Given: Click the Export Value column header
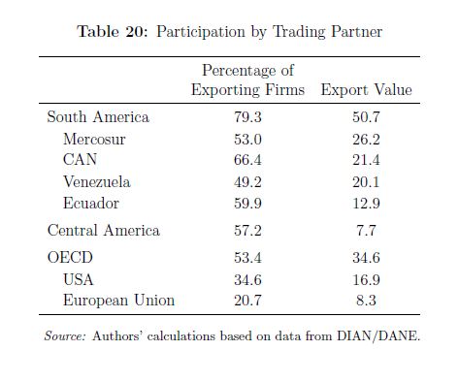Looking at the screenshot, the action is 366,89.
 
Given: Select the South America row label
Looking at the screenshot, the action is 98,116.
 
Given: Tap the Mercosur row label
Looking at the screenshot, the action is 94,140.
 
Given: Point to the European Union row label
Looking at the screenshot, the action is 118,301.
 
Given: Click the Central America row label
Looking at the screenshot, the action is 104,231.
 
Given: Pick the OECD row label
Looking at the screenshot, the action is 70,258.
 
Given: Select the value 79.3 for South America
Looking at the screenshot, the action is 247,116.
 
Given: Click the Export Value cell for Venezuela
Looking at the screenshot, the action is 366,182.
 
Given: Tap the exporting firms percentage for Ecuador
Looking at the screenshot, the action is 247,204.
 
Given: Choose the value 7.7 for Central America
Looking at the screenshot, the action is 366,231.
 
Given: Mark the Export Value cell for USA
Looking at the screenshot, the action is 366,279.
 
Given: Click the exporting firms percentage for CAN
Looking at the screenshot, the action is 247,160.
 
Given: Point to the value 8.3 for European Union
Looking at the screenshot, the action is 366,301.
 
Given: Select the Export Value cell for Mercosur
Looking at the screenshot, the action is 366,140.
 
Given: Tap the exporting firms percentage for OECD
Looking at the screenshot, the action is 247,258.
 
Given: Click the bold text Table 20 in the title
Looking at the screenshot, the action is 113,32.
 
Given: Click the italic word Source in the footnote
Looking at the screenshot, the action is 65,335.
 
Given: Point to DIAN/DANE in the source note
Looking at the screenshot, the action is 377,335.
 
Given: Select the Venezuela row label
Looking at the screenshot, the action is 97,182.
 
